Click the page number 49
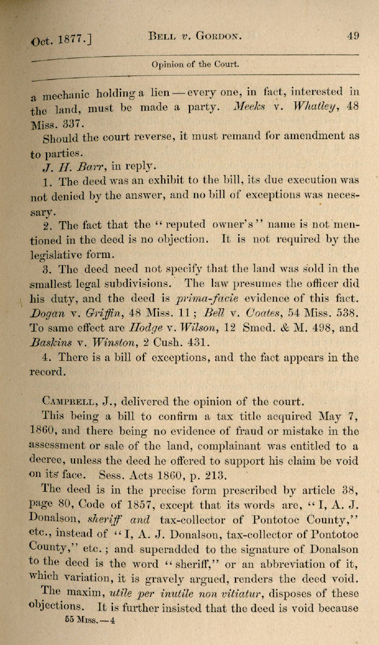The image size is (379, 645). (353, 36)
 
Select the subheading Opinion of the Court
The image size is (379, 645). (196, 64)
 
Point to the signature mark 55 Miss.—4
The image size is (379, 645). (89, 606)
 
